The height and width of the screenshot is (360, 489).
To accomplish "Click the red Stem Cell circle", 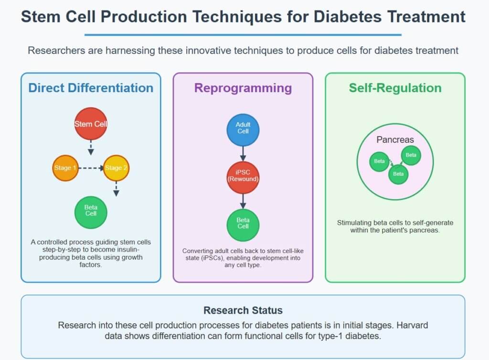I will (x=91, y=124).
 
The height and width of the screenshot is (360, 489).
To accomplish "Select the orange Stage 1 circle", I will (x=65, y=168).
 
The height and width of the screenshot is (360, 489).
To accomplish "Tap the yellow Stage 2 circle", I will (x=116, y=168).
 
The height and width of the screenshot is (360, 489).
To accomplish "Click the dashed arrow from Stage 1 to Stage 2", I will (x=91, y=168).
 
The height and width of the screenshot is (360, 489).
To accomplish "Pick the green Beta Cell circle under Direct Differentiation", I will (x=91, y=211).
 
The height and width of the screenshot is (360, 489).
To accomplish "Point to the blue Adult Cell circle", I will (x=243, y=128).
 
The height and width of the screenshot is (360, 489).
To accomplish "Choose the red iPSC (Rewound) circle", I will (x=243, y=176).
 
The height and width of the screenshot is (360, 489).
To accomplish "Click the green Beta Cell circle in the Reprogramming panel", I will (x=243, y=223).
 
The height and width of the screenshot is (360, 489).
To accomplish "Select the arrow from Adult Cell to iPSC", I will (x=243, y=152).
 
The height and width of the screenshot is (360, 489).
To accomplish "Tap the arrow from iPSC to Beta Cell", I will (x=243, y=200).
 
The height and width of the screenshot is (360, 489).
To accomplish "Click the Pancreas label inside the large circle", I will (x=395, y=140).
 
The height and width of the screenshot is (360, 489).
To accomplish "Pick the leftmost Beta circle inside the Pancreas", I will (x=379, y=161).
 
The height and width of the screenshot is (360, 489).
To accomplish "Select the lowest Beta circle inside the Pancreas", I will (x=398, y=174).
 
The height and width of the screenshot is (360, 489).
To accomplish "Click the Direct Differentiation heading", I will (x=91, y=88).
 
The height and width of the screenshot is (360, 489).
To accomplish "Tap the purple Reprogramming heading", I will (x=243, y=88).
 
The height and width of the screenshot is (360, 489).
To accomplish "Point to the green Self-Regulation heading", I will (x=395, y=88).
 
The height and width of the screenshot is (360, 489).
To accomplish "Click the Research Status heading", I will (x=243, y=310).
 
